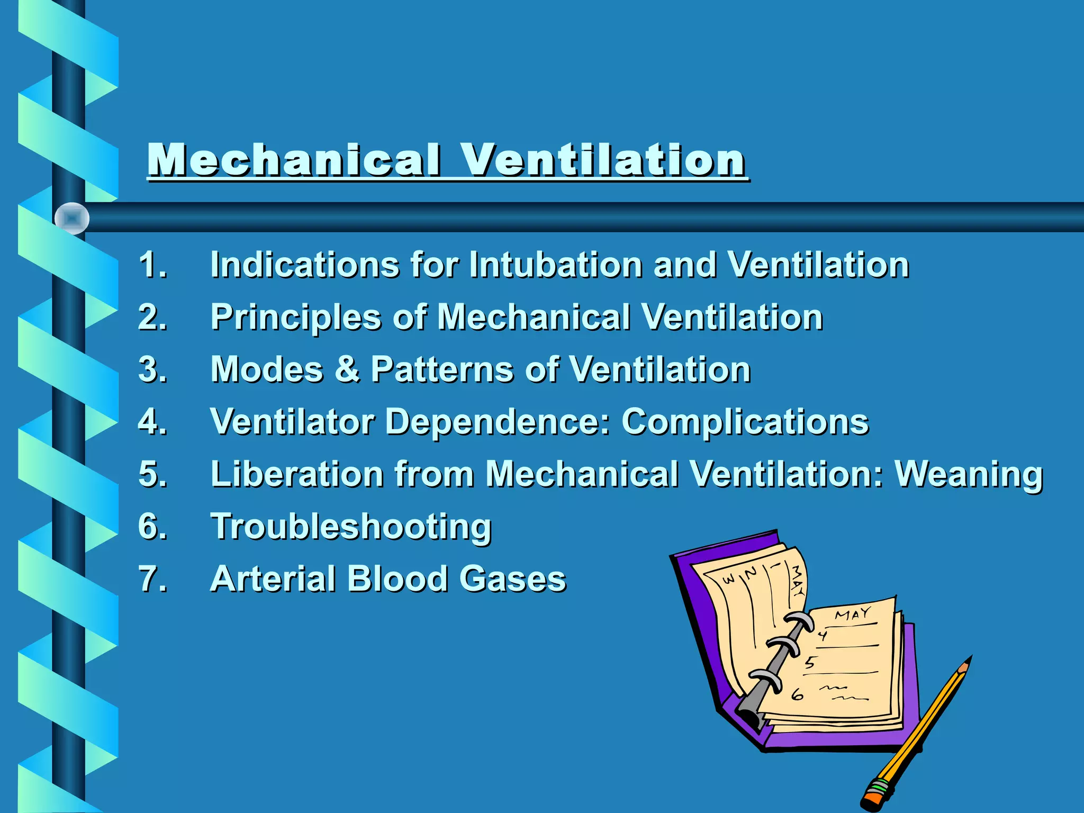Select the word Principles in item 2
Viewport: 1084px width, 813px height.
point(296,318)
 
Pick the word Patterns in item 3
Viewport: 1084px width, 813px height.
point(442,369)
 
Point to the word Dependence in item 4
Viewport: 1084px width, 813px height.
point(498,422)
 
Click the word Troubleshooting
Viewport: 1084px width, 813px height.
point(351,527)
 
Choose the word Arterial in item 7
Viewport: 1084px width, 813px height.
point(273,578)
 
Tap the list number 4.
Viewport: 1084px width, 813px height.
point(152,421)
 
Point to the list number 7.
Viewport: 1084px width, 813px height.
point(152,578)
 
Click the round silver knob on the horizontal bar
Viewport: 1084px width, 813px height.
point(72,218)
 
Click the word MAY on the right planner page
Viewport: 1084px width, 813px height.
point(853,614)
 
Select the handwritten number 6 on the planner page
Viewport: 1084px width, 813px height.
point(797,694)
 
